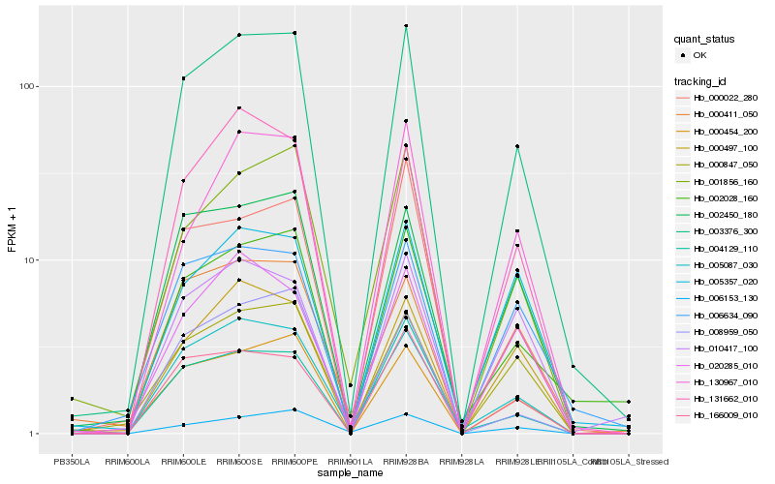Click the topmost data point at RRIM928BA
point(406,26)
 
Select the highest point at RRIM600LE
point(183,77)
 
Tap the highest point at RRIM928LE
point(517,146)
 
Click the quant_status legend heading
point(705,40)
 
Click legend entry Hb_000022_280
point(726,98)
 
